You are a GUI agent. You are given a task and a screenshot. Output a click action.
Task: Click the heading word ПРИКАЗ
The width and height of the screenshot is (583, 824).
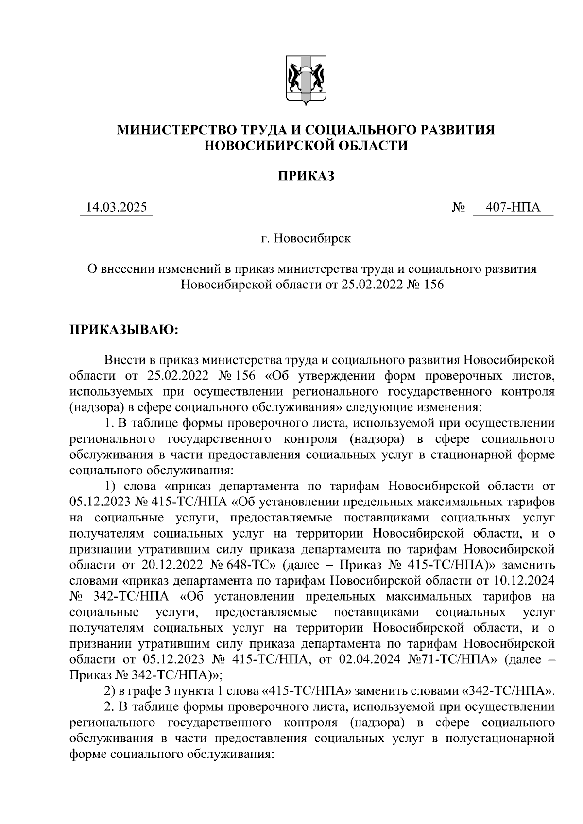[306, 176]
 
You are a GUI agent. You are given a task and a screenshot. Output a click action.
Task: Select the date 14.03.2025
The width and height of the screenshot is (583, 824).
[116, 208]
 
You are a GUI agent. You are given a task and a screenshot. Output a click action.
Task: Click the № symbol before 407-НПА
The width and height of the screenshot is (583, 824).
[458, 208]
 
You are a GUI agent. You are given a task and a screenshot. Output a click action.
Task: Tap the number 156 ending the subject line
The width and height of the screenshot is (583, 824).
[433, 285]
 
